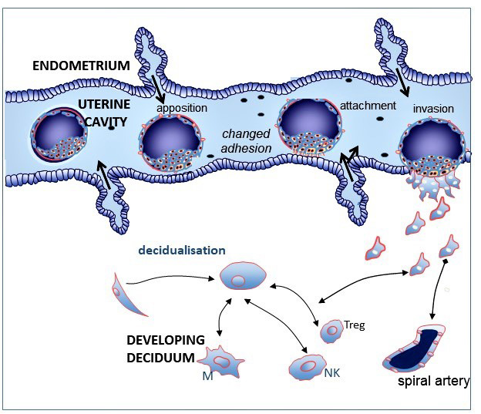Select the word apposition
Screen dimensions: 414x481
tap(183, 108)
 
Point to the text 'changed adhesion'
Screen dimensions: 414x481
tap(247, 141)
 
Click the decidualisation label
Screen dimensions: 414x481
tap(183, 250)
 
